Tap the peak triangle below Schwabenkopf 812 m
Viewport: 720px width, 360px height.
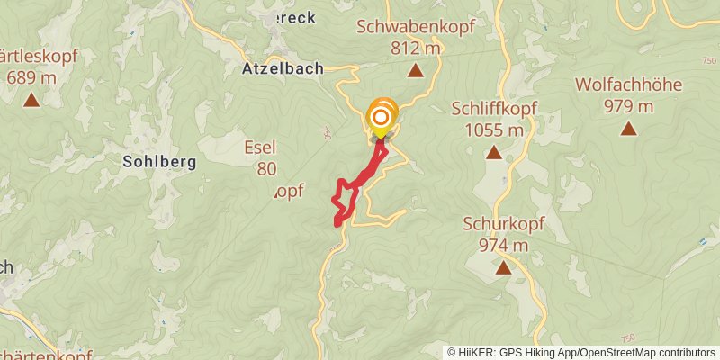click(415, 71)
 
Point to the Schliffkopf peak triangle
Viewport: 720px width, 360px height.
click(493, 152)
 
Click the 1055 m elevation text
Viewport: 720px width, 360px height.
click(494, 130)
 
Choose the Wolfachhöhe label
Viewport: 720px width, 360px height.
click(628, 85)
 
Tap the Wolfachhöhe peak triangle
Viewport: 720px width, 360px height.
click(628, 129)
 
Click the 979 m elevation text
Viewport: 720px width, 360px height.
click(628, 107)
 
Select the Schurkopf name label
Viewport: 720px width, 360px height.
click(501, 223)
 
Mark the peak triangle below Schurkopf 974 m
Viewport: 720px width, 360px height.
click(502, 267)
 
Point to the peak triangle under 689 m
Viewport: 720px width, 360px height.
click(31, 100)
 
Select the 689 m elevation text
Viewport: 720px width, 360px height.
click(32, 77)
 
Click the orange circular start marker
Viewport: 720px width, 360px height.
click(382, 117)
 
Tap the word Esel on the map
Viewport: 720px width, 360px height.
click(260, 148)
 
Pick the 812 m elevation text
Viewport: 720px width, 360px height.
click(415, 49)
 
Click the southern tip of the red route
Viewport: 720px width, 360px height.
click(338, 222)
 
